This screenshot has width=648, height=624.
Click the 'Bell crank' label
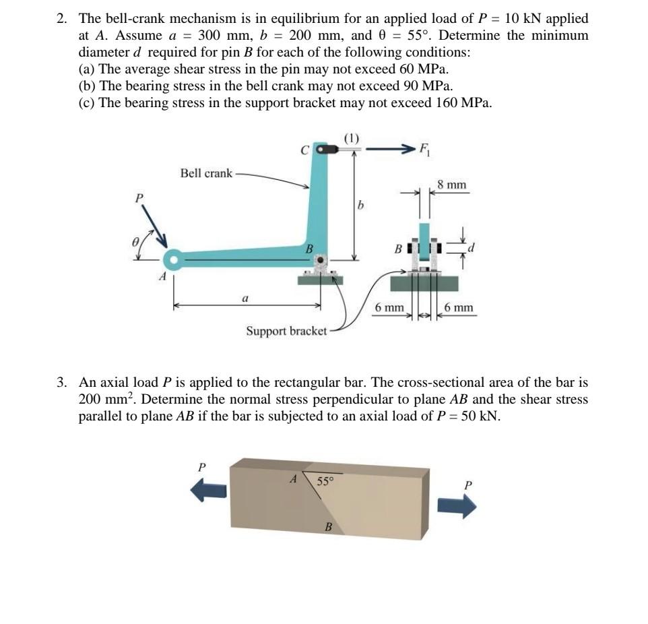tap(205, 173)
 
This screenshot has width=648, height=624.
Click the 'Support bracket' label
tap(286, 331)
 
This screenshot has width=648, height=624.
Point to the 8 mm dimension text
tap(451, 184)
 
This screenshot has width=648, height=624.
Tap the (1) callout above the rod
tap(352, 138)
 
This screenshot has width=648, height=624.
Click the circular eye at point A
tap(173, 259)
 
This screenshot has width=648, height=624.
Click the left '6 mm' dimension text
tap(389, 308)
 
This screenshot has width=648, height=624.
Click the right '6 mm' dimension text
tap(459, 308)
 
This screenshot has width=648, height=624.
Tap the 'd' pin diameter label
tap(472, 249)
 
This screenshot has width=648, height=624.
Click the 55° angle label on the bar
tap(325, 481)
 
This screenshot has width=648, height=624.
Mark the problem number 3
tap(61, 382)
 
